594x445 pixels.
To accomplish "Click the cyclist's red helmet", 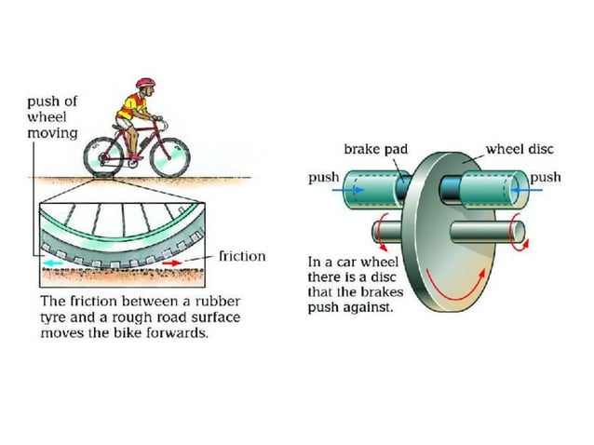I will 144,85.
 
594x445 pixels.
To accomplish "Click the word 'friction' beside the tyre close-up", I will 241,256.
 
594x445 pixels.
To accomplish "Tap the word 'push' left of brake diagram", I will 323,177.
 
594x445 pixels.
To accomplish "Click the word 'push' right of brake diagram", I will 547,177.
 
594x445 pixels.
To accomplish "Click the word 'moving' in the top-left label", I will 50,134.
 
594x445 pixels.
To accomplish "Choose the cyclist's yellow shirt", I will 129,110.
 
